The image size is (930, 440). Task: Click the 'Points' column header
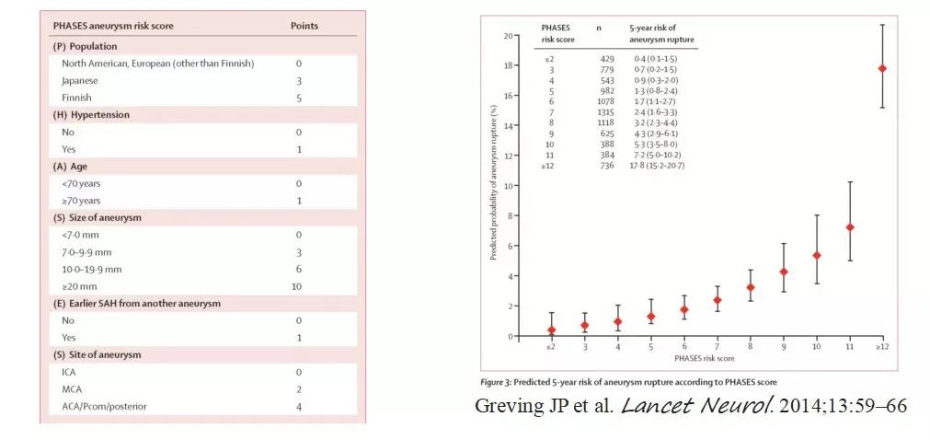(x=304, y=26)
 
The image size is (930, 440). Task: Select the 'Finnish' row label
(x=78, y=98)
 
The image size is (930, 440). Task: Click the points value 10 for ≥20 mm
(x=299, y=286)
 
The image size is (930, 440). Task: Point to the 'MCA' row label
(x=74, y=388)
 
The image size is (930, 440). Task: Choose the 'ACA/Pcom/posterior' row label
(x=104, y=406)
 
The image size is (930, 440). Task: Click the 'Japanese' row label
(x=81, y=80)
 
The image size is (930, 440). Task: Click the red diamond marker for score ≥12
(x=882, y=68)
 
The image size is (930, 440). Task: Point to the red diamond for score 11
(x=849, y=227)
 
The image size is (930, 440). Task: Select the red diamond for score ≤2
(x=551, y=330)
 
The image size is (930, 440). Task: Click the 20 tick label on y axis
(x=506, y=35)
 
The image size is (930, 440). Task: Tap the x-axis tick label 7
(x=717, y=348)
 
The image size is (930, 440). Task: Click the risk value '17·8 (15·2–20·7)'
(x=660, y=165)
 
